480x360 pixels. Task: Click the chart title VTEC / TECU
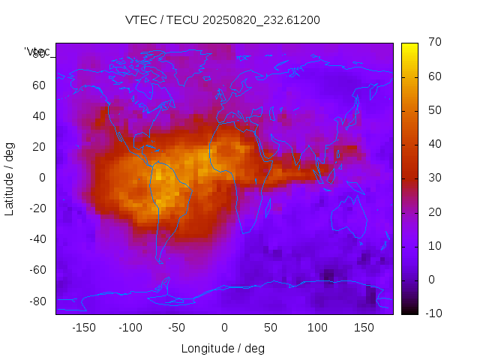tap(222, 20)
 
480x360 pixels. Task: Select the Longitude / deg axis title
tap(223, 348)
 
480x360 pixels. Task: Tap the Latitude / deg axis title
tap(10, 178)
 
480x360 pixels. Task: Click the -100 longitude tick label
tap(130, 328)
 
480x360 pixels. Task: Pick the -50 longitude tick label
tap(177, 328)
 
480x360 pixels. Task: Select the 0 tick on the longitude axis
tap(224, 328)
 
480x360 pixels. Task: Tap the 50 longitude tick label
tap(271, 328)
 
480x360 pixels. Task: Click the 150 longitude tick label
tap(364, 328)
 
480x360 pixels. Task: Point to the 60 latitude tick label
tap(39, 85)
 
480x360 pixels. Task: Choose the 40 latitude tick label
tap(39, 116)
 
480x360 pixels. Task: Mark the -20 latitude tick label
tap(37, 208)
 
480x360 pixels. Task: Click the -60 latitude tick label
tap(37, 270)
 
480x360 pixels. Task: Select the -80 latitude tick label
tap(37, 301)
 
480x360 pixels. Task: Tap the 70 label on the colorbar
tap(433, 43)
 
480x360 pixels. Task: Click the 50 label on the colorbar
tap(433, 110)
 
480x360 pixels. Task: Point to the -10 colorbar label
tap(431, 313)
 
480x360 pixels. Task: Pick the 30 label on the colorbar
tap(433, 178)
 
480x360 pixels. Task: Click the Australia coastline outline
tap(351, 217)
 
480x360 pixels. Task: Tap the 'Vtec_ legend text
tap(37, 52)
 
